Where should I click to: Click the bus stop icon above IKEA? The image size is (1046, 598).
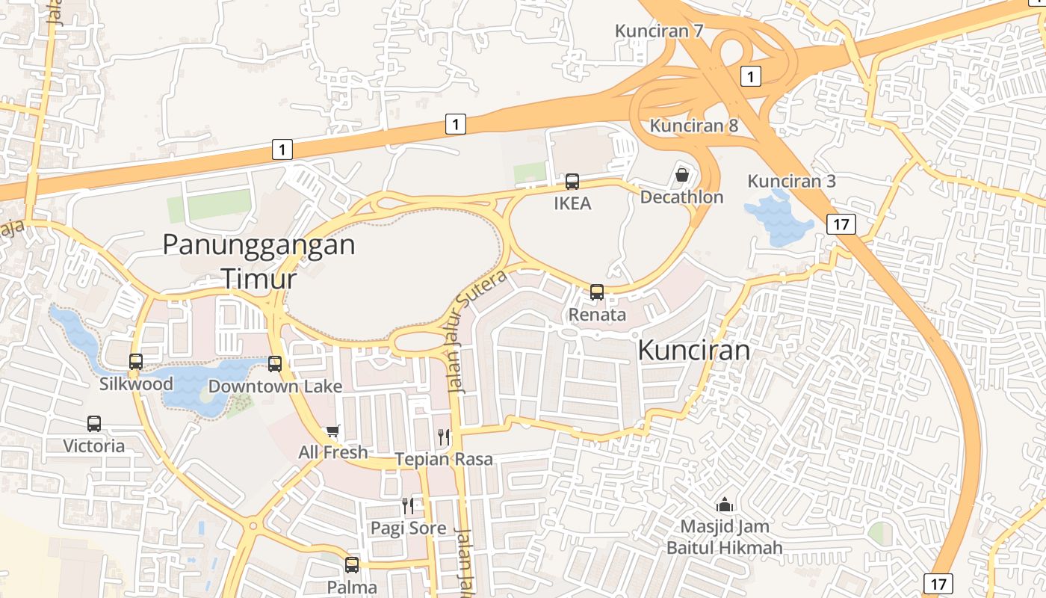[572, 181]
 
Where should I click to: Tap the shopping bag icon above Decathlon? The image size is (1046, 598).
[681, 175]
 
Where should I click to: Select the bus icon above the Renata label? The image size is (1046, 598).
[597, 292]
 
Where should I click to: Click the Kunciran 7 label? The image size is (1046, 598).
[659, 31]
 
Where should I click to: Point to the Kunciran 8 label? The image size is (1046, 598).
[693, 126]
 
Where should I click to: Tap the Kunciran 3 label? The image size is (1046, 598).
[791, 182]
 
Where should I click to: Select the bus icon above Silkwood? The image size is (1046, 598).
[136, 362]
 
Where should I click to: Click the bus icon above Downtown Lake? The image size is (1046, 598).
[275, 364]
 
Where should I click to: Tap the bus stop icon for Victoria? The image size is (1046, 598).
[94, 424]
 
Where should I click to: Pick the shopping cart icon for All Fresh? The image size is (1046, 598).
[333, 431]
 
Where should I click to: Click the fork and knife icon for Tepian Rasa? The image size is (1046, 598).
[444, 437]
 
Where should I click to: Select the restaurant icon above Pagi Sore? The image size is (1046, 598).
[408, 506]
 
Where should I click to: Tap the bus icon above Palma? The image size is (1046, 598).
[352, 565]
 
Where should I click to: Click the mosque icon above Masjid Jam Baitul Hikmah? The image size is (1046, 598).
[724, 505]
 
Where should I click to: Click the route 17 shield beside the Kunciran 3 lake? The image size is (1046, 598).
[841, 224]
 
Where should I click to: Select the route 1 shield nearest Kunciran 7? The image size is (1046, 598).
[751, 75]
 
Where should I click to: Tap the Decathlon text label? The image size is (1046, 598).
[681, 197]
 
